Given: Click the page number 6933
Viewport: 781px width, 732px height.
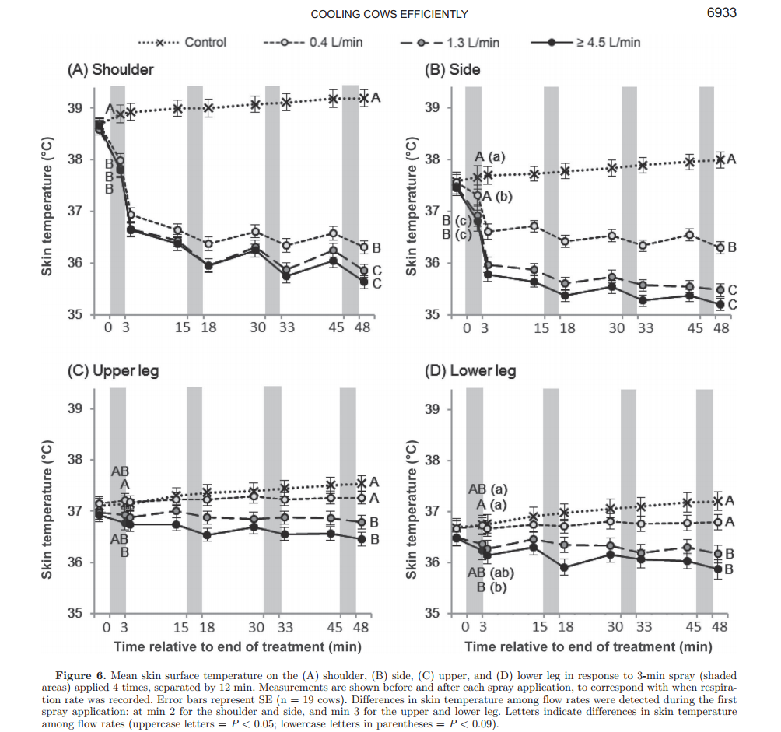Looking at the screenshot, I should [x=720, y=12].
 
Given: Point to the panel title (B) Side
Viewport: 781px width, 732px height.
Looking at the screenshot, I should [x=452, y=69].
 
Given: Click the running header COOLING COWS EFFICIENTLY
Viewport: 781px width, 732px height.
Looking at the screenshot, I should [x=389, y=14].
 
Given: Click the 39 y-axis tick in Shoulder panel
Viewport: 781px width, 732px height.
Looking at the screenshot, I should [x=79, y=108].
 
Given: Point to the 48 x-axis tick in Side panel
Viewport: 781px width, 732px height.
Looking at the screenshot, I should [x=721, y=328].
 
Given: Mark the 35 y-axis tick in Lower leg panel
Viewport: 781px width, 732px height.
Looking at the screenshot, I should [x=431, y=614].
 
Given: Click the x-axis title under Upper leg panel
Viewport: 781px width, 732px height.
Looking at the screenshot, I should [x=237, y=646].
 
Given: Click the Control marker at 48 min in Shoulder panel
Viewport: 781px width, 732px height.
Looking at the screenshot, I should [x=362, y=98].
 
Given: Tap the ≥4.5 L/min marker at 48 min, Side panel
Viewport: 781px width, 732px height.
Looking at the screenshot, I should [x=720, y=305].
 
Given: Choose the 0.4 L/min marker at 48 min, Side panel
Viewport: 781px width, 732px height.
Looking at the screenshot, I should [x=720, y=247].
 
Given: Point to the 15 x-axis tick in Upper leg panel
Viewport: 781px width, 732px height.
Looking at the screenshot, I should [x=181, y=627].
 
